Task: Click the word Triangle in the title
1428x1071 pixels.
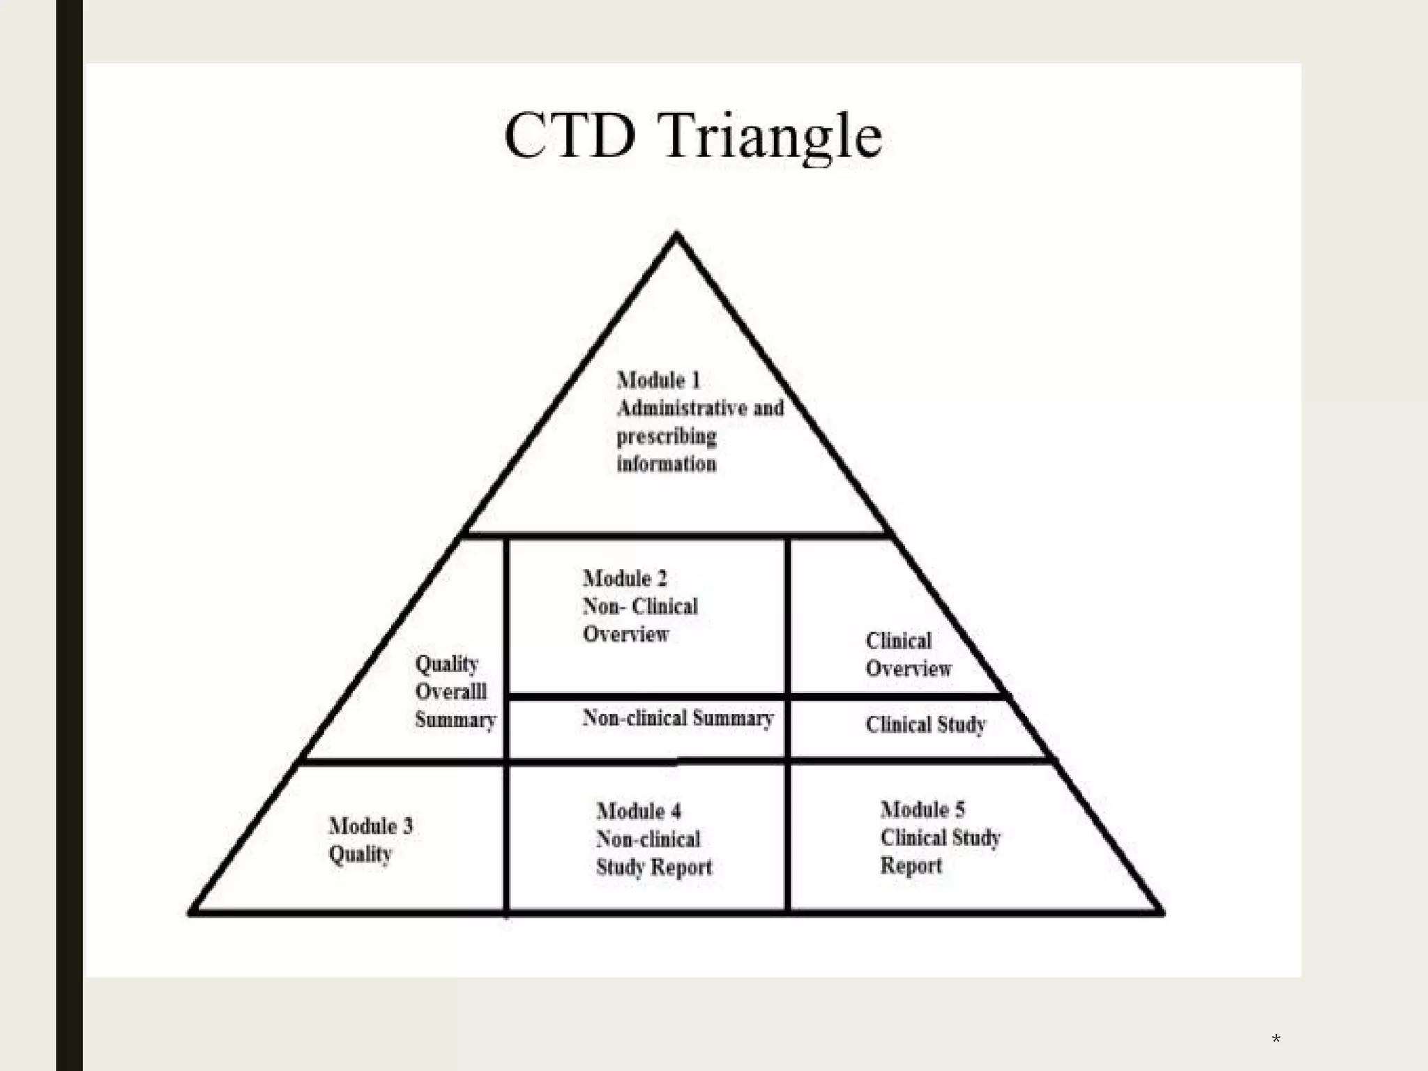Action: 770,137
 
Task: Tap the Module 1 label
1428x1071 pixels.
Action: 658,380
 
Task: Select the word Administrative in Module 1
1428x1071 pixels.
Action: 681,408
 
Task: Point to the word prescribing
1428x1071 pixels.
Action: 666,436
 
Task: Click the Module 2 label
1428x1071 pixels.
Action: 625,578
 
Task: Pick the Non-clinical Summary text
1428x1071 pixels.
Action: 678,718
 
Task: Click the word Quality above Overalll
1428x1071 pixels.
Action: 446,664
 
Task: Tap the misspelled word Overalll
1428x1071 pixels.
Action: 450,692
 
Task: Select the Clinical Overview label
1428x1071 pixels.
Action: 908,655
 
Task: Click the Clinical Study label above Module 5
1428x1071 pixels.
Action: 925,725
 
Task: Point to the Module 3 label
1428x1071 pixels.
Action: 370,826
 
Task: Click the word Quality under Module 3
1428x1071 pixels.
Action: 360,855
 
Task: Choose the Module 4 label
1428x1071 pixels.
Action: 638,811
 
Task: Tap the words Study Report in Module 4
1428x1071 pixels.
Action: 653,867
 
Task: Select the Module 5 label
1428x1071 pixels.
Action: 922,810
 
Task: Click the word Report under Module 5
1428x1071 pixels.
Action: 911,866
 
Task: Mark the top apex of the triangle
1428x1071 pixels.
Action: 676,236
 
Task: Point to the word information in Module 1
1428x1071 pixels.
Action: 666,464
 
